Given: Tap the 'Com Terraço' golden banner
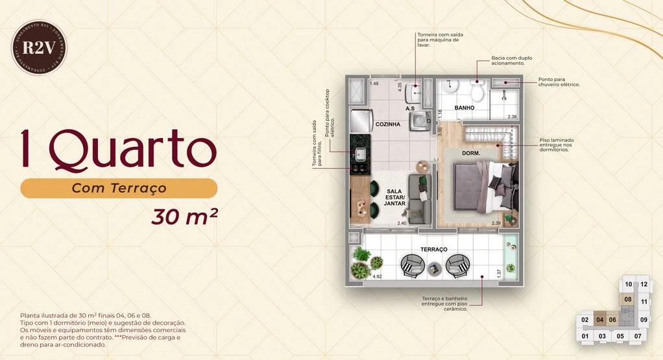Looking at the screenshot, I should click(x=119, y=188).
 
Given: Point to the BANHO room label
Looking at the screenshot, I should click(x=464, y=108).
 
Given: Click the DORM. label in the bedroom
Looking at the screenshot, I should click(x=470, y=153).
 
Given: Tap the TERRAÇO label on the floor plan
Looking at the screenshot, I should click(x=434, y=249).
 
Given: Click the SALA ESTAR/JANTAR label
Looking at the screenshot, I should click(x=394, y=197).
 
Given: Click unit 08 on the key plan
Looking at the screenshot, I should click(x=627, y=300).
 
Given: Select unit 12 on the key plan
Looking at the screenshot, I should click(x=644, y=284).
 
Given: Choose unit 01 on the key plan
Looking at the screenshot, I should click(x=585, y=336).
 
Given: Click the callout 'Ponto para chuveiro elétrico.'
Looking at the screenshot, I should click(x=559, y=82).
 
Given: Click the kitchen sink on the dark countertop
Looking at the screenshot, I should click(x=359, y=154).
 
